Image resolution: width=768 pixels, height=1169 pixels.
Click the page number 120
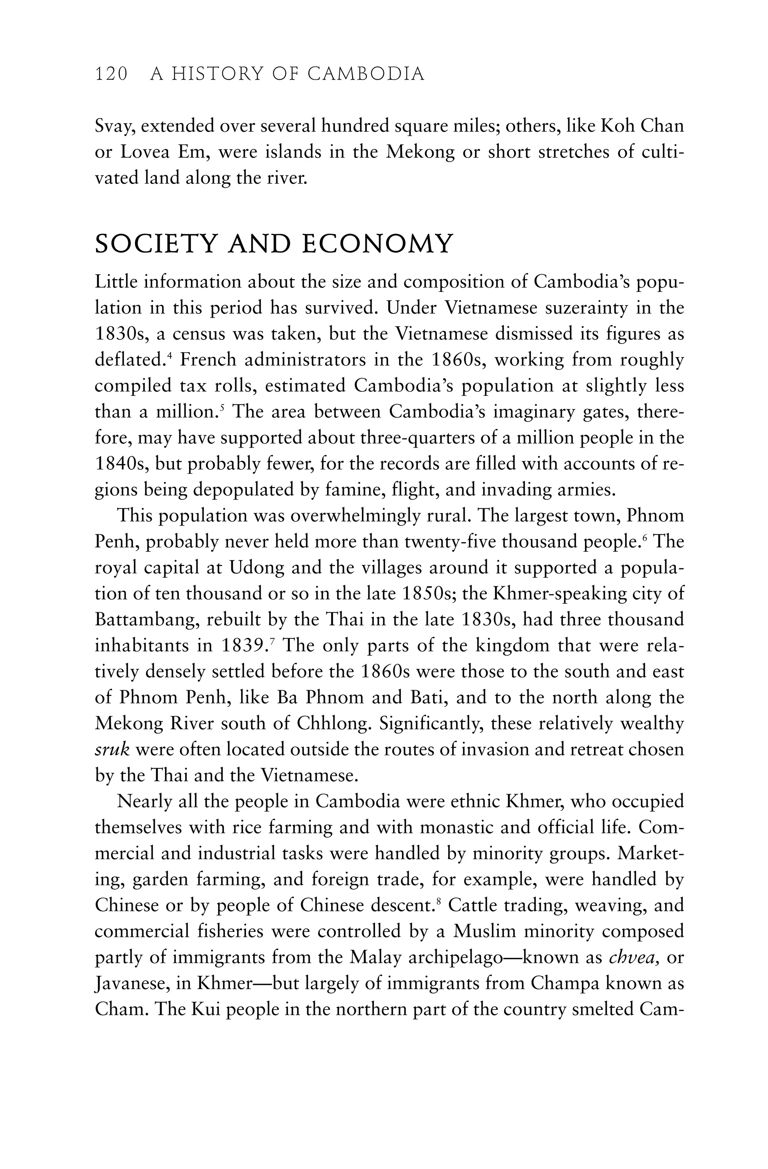(x=111, y=74)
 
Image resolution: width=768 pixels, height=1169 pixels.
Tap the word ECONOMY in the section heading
(x=376, y=244)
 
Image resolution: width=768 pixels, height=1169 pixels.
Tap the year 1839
(x=243, y=646)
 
